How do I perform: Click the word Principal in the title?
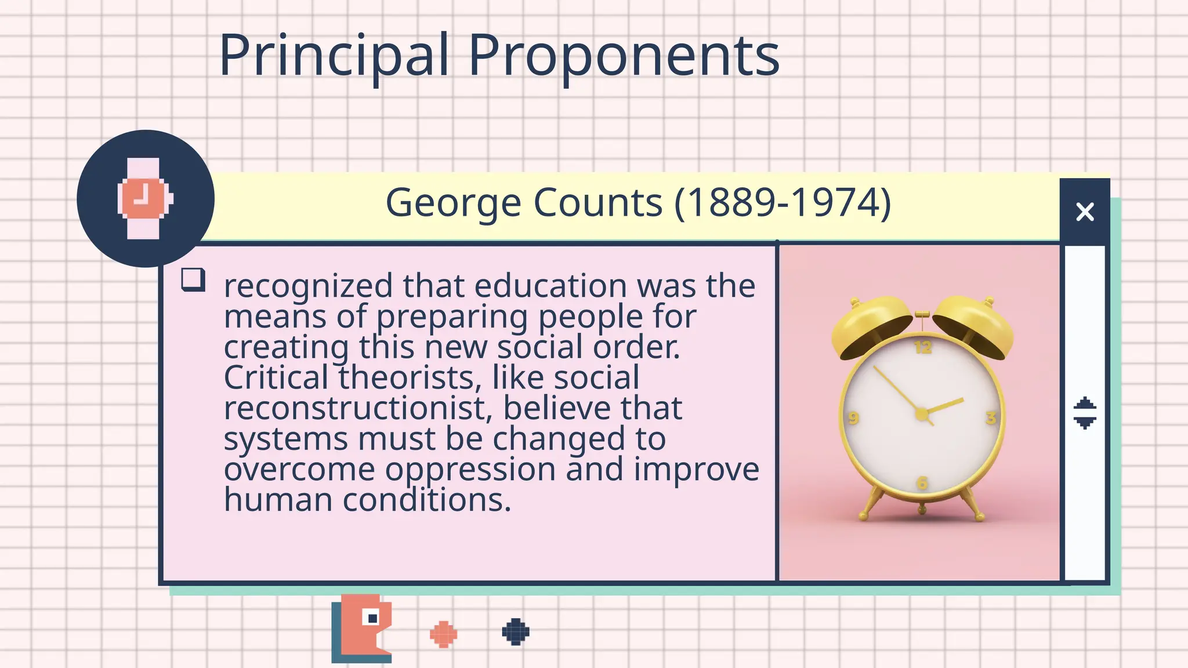334,56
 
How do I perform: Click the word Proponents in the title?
624,56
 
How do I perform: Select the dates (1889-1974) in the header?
783,203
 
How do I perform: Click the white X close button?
1085,212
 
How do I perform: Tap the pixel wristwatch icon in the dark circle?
145,198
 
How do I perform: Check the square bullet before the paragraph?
193,279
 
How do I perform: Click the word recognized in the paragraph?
308,286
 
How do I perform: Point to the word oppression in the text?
470,469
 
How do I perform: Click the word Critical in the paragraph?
276,377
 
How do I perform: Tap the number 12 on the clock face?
923,347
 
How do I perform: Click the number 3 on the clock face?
991,417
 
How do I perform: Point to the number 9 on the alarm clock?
853,418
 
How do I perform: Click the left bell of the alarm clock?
870,325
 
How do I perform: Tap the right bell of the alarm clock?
975,325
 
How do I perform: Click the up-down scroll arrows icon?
1085,413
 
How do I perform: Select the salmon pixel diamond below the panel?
443,634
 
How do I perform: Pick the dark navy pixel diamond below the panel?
515,631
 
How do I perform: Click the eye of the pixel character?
371,618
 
